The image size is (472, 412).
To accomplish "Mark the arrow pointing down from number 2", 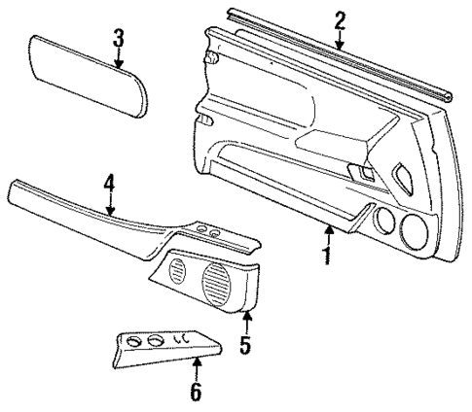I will click(339, 40).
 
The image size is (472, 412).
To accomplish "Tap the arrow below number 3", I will click(118, 60).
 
